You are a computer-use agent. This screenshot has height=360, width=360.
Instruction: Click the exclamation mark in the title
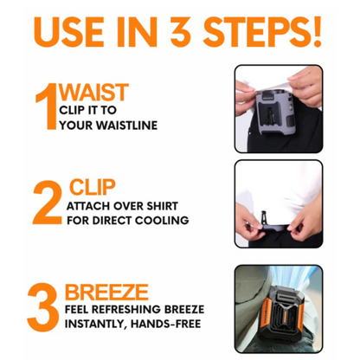coord(317,31)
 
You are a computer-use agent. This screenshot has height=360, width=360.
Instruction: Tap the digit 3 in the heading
coord(181,31)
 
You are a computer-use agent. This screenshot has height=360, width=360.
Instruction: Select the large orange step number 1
coord(46,106)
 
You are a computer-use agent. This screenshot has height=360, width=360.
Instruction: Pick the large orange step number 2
coord(48,202)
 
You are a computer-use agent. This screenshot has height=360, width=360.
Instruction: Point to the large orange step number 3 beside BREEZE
coord(43,307)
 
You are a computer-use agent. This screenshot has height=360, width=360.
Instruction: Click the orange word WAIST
coord(93,93)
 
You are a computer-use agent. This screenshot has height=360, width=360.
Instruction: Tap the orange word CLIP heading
coord(92,188)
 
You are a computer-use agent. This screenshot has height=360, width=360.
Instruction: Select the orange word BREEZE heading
coord(106,292)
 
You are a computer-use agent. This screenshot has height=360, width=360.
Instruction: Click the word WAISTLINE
coord(126,125)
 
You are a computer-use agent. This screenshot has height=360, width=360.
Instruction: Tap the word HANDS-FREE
coord(166,324)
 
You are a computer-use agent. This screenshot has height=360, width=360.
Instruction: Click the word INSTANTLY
coord(96,324)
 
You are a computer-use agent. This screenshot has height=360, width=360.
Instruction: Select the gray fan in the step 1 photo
coord(275,112)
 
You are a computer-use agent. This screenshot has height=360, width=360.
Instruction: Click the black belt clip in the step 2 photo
coord(263,218)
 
